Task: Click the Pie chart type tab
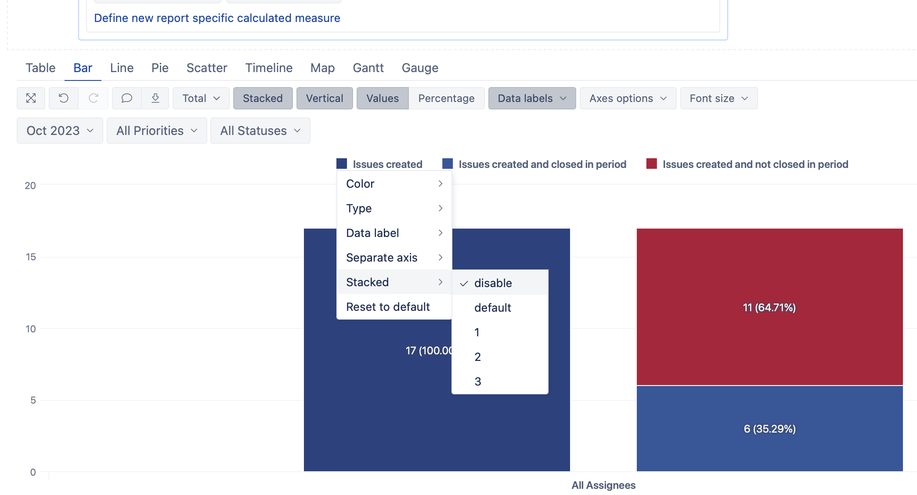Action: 160,68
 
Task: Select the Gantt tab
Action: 368,68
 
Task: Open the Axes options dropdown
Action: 628,98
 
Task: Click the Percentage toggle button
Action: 446,98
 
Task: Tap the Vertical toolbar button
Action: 324,98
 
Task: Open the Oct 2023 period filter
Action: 60,131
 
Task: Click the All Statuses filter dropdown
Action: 260,131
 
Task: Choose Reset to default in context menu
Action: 388,307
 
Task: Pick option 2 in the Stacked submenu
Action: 477,357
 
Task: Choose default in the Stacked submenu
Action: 492,308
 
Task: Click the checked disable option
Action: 493,283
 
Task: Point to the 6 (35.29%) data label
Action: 769,429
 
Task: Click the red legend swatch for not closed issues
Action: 651,164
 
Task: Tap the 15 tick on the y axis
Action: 30,257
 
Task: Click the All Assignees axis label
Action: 603,485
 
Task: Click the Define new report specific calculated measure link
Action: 217,18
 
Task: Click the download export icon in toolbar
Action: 155,98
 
